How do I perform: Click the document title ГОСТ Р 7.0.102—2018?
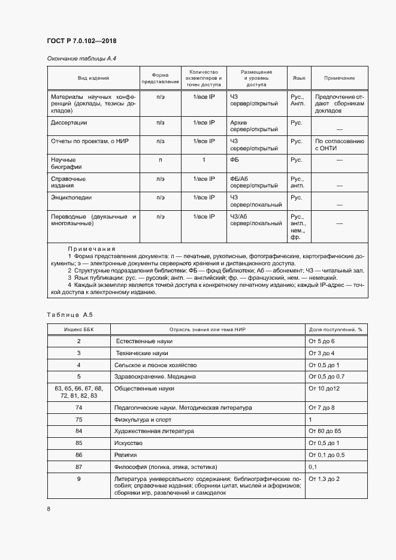coord(81,41)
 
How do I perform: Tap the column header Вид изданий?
coord(93,78)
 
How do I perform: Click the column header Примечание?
coord(339,78)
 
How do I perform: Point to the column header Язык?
coord(298,78)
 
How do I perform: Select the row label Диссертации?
coord(69,122)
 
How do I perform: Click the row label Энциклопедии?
coord(71,197)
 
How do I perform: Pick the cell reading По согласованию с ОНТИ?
coord(339,145)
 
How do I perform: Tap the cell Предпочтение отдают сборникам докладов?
coord(339,103)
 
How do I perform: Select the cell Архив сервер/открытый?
coord(253,126)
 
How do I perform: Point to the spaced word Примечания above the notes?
coord(91,249)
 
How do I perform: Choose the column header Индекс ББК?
coord(78,329)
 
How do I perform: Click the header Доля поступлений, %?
coord(335,329)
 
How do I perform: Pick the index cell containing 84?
coord(78,431)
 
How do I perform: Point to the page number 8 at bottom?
coord(49,509)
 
